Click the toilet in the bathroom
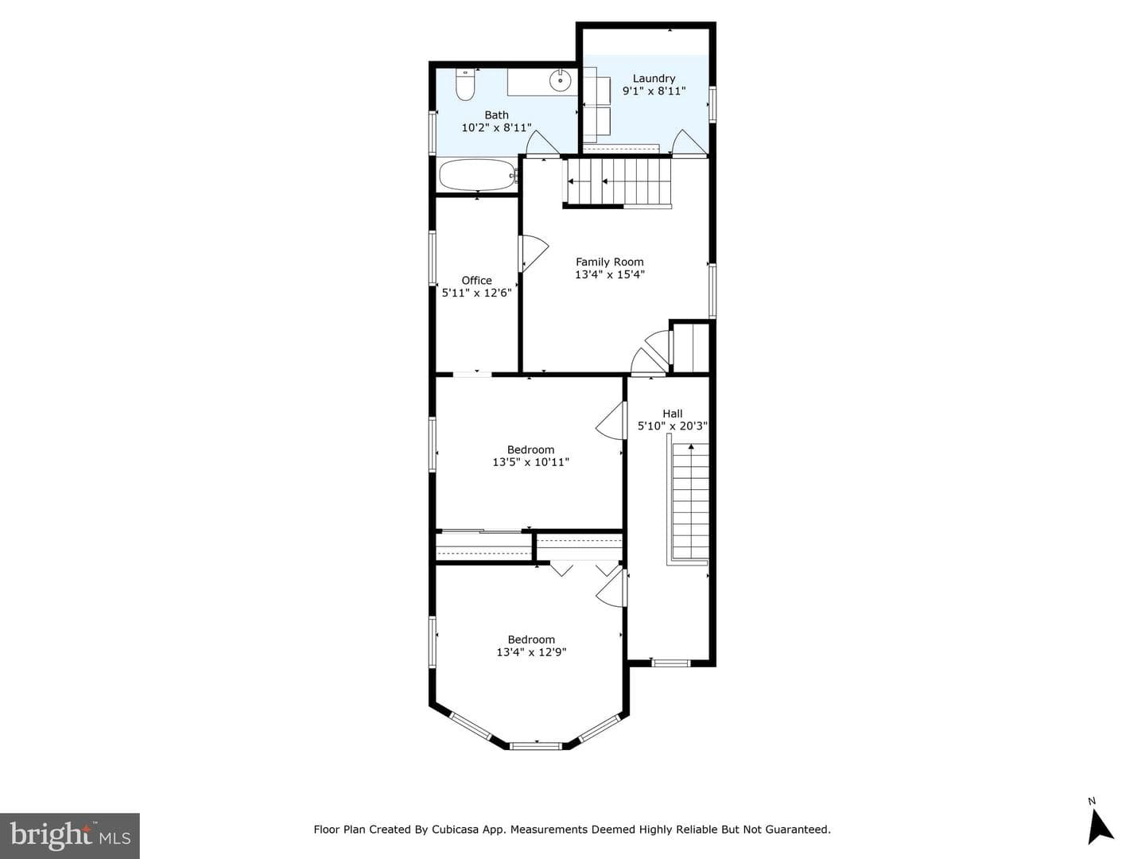pos(465,84)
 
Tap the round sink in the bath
pos(561,81)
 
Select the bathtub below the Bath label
pos(477,175)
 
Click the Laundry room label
pos(654,78)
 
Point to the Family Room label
pos(609,262)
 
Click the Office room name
pos(476,280)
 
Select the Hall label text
pos(673,414)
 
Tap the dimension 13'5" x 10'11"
pos(530,462)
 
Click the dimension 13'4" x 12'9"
pos(531,652)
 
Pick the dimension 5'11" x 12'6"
pos(476,293)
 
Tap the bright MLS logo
pos(70,836)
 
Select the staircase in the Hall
pos(689,501)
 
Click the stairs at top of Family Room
pos(618,182)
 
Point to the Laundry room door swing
pos(689,142)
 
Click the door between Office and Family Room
pos(533,254)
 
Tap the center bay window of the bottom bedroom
pos(536,746)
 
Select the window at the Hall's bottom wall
pos(671,663)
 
